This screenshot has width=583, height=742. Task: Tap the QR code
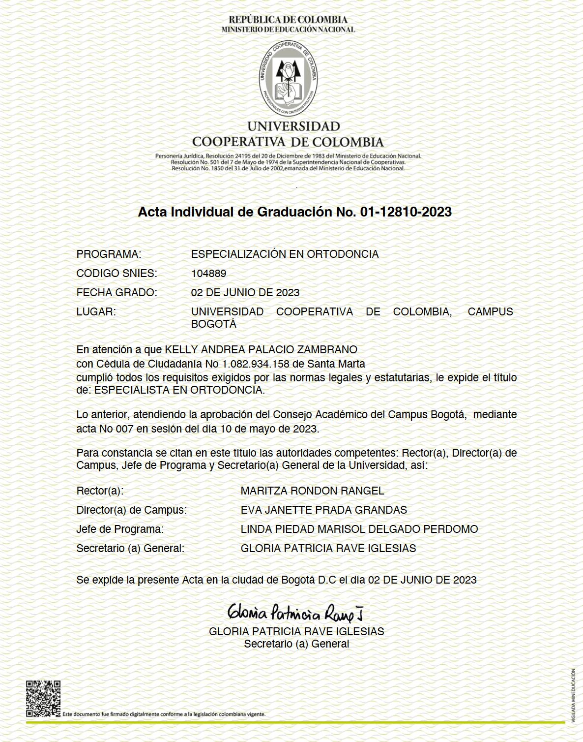pos(43,698)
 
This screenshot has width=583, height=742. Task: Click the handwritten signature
pos(295,612)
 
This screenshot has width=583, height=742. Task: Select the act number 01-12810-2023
pos(406,212)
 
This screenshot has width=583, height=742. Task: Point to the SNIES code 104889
pos(208,274)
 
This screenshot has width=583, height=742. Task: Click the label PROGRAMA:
pos(109,254)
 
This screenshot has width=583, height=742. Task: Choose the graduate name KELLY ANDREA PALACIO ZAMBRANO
pos(261,350)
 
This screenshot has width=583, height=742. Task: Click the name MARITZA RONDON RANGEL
pos(312,491)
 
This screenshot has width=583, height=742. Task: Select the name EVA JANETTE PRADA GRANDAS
pos(323,510)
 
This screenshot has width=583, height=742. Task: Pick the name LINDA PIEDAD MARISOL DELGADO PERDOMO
pos(359,529)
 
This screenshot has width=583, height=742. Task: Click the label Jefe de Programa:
pos(120,529)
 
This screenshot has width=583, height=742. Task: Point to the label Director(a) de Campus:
pos(131,510)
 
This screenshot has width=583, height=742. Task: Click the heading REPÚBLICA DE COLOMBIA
pos(288,20)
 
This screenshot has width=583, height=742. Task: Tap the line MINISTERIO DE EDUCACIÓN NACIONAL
pos(288,30)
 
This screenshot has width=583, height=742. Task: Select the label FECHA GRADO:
pos(117,293)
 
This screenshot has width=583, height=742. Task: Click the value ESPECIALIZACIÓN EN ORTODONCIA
pos(285,254)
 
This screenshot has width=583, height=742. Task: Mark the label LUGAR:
pos(96,312)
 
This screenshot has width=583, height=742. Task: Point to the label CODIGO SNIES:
pos(117,274)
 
